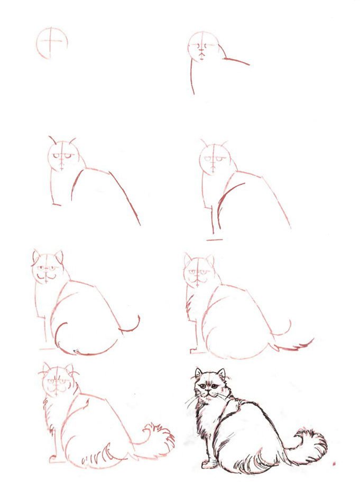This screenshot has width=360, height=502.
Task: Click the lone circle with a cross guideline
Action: point(52,42)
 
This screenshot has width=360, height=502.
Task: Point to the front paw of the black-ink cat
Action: point(208,464)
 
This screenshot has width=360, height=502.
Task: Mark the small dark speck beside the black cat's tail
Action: point(334,464)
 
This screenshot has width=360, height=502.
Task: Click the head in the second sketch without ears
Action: point(202,47)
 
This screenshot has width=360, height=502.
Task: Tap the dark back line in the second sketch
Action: point(236,61)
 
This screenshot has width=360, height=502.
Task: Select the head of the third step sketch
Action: point(63,155)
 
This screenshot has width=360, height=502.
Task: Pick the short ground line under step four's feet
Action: point(214,239)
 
